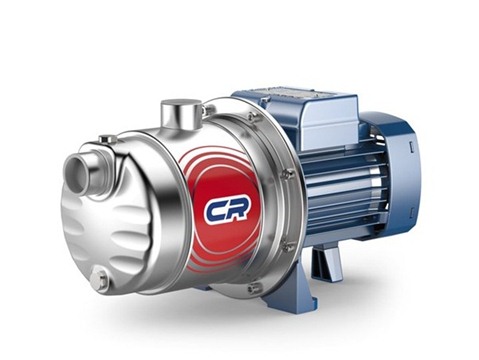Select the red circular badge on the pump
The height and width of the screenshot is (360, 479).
pyautogui.click(x=222, y=209)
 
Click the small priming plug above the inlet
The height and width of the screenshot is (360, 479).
pyautogui.click(x=106, y=138)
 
